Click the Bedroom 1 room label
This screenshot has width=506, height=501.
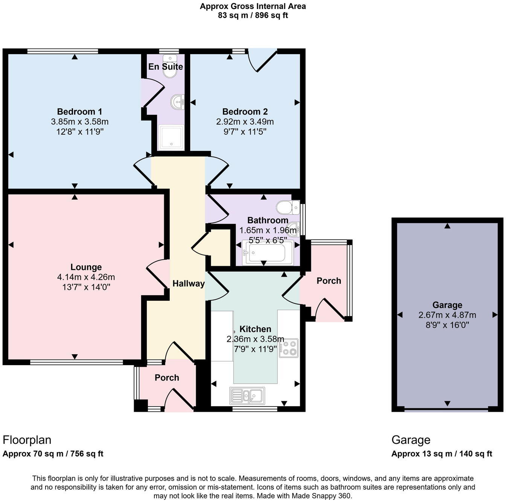click(x=79, y=112)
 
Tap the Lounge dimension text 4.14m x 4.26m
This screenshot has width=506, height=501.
click(x=86, y=277)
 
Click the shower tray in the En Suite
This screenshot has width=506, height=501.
click(x=171, y=136)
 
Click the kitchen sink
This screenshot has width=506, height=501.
click(x=247, y=396)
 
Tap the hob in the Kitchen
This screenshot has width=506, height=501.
click(x=289, y=348)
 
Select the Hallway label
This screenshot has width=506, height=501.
click(x=188, y=284)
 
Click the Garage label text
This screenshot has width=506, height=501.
click(x=447, y=305)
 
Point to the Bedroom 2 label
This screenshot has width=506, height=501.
click(x=245, y=112)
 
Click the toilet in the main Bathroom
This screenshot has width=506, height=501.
click(x=288, y=207)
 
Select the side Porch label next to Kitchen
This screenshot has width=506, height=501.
click(x=329, y=281)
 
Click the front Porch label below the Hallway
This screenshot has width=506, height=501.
click(x=167, y=378)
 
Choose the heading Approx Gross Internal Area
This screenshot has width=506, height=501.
click(x=253, y=6)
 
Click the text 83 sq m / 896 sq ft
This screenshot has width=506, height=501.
click(x=253, y=16)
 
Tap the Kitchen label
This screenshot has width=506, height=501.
click(x=255, y=329)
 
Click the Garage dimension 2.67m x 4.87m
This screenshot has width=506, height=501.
click(x=447, y=315)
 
